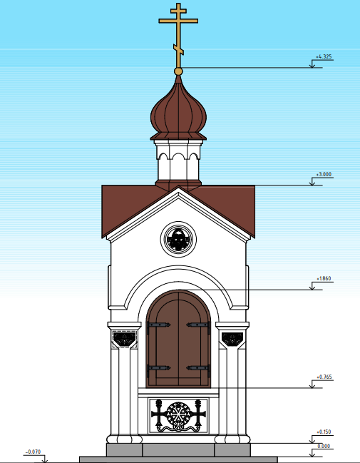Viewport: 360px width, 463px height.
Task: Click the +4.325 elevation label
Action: click(324, 56)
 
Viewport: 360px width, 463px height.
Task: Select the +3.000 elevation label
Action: click(324, 174)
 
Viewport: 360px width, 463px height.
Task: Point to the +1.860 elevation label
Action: click(324, 278)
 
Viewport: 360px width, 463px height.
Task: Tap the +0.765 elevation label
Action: click(324, 377)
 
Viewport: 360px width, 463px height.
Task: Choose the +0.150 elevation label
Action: click(324, 432)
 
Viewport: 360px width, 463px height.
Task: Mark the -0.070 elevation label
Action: click(33, 452)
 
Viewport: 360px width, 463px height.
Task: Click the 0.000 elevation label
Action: click(324, 446)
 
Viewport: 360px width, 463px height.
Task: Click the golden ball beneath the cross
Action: click(178, 71)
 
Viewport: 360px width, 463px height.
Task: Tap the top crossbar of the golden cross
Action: click(178, 11)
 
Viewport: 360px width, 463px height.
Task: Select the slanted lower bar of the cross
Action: click(178, 50)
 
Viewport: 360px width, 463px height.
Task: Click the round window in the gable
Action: click(178, 239)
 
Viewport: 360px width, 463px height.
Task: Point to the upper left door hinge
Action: click(158, 325)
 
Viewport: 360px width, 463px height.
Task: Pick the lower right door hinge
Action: click(198, 368)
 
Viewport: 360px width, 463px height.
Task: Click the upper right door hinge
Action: click(198, 325)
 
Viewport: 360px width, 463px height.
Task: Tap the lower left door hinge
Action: click(158, 368)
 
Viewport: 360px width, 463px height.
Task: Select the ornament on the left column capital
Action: click(125, 338)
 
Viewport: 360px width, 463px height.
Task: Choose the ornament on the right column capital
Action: click(232, 338)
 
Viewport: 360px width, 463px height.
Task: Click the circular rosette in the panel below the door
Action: click(178, 413)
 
